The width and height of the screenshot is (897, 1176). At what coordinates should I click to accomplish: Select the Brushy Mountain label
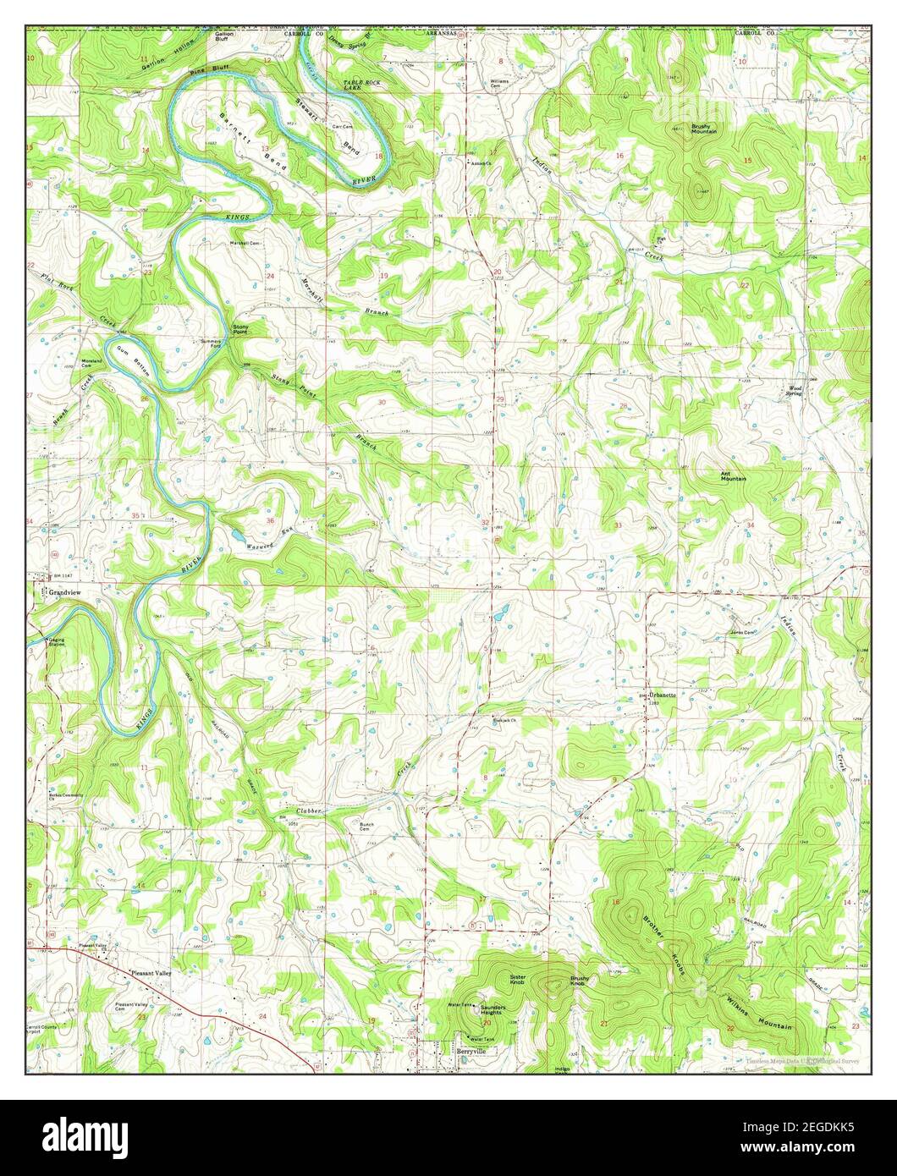(703, 129)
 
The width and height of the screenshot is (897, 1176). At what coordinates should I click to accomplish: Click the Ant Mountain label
(733, 476)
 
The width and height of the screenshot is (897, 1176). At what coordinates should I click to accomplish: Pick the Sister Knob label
(518, 980)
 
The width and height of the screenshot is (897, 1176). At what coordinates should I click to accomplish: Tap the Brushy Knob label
(580, 981)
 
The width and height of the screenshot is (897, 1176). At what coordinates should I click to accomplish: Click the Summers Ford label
(211, 343)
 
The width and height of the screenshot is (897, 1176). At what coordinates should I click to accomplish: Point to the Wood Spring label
(793, 392)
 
